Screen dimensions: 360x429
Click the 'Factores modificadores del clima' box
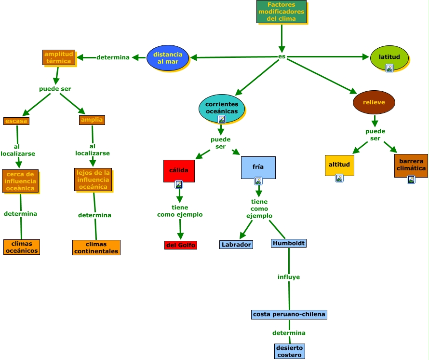coord(281,12)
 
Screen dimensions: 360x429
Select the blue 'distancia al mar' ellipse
coord(168,58)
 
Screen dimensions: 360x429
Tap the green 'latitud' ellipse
coord(389,57)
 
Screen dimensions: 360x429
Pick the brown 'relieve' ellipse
coord(374,102)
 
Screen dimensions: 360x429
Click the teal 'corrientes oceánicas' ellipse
coord(222,108)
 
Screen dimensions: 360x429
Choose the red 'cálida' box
coord(179,170)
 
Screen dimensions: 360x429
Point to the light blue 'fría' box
coord(258,167)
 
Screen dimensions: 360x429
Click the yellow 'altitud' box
coord(339,165)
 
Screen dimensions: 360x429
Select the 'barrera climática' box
coord(411,165)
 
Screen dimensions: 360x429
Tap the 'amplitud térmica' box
coord(58,57)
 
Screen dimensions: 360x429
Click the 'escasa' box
coord(16,121)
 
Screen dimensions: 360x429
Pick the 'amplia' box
coord(92,120)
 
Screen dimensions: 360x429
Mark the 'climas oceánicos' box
coord(21,247)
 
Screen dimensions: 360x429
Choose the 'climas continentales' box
coord(96,248)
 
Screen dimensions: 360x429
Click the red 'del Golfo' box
coord(181,245)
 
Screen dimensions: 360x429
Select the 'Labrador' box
coord(236,245)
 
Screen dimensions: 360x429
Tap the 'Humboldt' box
coord(289,243)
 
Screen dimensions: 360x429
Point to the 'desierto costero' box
coord(289,351)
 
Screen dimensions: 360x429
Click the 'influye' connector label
coord(289,277)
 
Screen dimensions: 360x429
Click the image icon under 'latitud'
coord(389,68)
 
